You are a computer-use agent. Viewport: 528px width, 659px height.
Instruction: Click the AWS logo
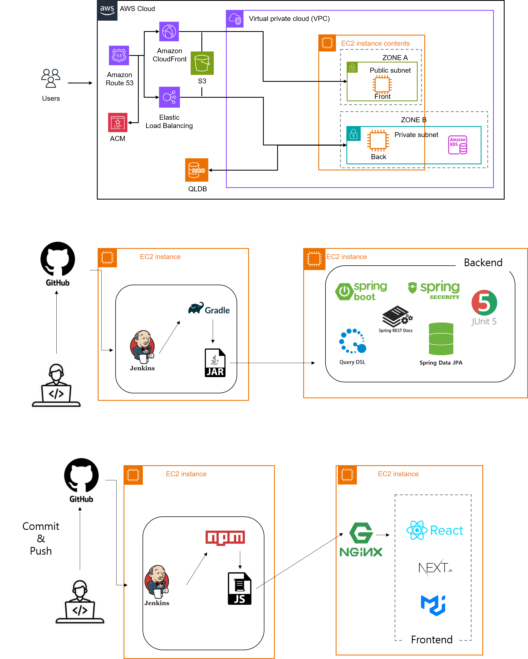pos(107,10)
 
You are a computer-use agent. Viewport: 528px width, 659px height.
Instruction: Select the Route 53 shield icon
pos(119,55)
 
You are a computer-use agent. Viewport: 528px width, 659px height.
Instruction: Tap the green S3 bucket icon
pos(202,63)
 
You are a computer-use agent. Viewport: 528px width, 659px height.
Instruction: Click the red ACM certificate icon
pos(118,122)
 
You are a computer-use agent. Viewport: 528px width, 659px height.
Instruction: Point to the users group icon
pos(51,78)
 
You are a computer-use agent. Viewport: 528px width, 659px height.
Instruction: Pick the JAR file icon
pos(215,363)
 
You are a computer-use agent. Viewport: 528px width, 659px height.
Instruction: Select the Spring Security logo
pos(434,290)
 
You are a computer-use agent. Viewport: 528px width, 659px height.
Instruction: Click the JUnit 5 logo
pos(483,307)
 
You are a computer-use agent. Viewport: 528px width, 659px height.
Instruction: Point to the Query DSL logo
pos(352,347)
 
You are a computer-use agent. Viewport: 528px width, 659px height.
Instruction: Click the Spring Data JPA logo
pos(441,345)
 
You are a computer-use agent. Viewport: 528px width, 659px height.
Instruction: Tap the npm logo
pos(226,538)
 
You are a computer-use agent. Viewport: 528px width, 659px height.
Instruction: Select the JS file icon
pos(240,589)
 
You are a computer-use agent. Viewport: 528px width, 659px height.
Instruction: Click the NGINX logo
pos(361,540)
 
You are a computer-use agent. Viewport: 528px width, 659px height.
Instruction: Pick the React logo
pos(434,530)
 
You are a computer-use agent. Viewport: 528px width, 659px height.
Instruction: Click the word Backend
pos(483,262)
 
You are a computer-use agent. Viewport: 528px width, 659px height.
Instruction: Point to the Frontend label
pos(431,639)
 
